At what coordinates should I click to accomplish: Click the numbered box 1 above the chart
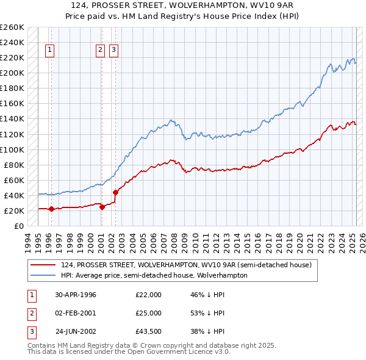pos(49,51)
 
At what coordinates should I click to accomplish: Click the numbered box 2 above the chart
pos(100,51)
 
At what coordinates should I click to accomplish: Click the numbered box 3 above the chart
pos(114,51)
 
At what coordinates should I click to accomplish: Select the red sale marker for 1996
pos(51,209)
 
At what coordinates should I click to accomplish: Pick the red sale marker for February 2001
pos(102,207)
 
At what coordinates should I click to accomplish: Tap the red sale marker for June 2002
pos(115,192)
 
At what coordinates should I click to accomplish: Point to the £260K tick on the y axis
pos(12,27)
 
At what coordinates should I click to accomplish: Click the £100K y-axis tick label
pos(12,149)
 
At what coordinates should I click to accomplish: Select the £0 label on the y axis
pos(18,226)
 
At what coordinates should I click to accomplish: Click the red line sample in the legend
pos(43,265)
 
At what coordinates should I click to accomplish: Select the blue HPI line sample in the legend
pos(43,275)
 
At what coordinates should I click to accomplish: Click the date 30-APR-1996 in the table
pos(76,295)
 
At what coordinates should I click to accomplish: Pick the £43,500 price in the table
pos(148,332)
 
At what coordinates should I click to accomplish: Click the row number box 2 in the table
pos(29,313)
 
